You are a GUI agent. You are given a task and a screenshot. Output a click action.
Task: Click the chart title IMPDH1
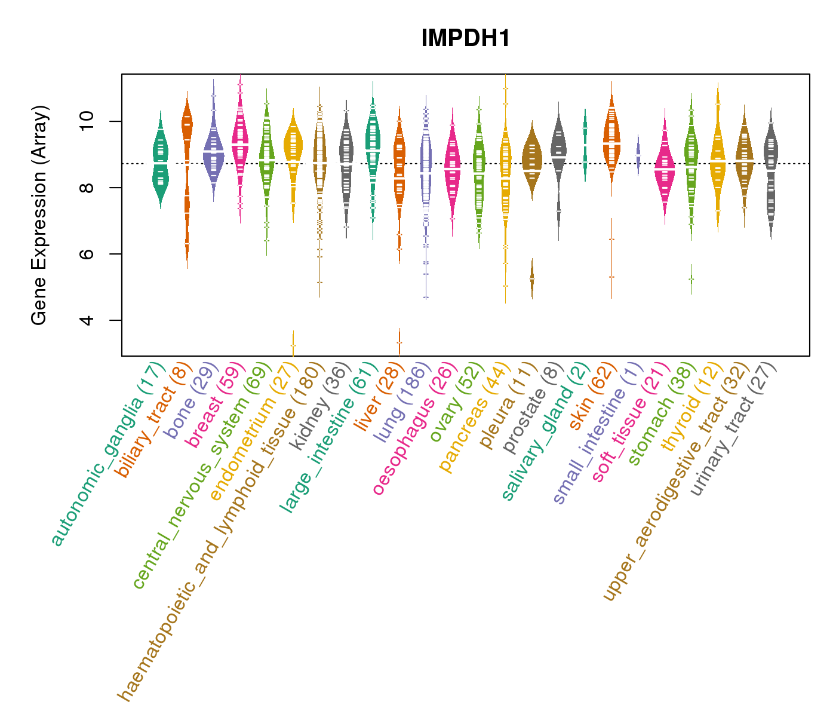click(x=466, y=39)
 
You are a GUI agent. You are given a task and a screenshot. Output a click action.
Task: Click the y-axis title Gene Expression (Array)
click(x=39, y=215)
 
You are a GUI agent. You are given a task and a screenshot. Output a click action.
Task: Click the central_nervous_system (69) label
click(x=203, y=475)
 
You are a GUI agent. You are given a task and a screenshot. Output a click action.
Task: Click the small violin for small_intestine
click(x=638, y=155)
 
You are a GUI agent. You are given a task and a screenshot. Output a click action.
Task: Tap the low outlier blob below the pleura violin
click(x=532, y=278)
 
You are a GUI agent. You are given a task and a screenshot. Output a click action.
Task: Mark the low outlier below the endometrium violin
click(x=293, y=344)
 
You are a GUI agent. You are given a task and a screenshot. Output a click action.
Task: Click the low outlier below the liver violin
click(x=399, y=342)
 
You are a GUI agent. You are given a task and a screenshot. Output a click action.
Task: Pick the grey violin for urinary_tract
click(x=771, y=173)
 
